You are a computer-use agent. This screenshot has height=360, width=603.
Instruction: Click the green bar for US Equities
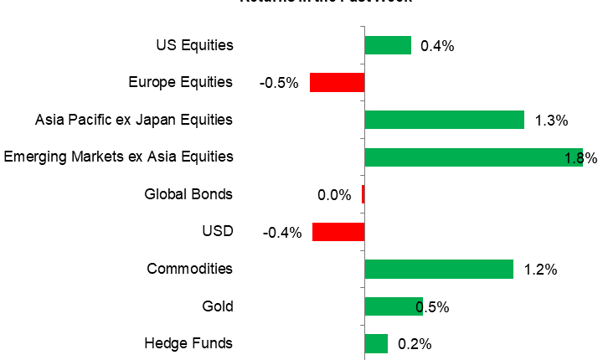[388, 45]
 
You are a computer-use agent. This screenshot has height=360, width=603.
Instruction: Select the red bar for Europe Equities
[337, 82]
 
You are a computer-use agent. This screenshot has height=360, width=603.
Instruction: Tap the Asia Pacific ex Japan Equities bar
[444, 120]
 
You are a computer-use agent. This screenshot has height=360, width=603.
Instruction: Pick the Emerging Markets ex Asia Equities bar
[473, 157]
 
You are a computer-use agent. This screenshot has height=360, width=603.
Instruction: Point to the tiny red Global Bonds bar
[363, 194]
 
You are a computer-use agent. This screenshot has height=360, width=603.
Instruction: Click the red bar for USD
[338, 231]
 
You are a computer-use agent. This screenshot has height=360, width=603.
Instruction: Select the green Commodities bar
[439, 269]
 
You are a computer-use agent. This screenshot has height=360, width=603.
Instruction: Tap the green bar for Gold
[392, 306]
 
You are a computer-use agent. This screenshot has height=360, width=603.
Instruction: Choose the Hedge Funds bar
[376, 343]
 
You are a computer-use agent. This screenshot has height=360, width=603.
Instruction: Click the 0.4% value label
[437, 46]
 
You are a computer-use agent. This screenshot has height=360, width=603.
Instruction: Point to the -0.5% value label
[279, 83]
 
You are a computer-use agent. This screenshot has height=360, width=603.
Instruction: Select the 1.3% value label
[551, 121]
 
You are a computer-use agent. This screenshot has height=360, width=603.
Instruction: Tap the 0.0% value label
[334, 195]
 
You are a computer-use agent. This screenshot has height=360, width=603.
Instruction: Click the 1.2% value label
[540, 270]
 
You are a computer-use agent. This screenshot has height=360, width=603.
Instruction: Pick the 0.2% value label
[415, 344]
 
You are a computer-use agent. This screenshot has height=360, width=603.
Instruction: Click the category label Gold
[217, 306]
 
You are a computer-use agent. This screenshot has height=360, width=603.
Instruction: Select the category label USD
[217, 231]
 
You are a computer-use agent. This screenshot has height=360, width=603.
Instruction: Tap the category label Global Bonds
[188, 194]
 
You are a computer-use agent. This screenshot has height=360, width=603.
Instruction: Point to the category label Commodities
[189, 269]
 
